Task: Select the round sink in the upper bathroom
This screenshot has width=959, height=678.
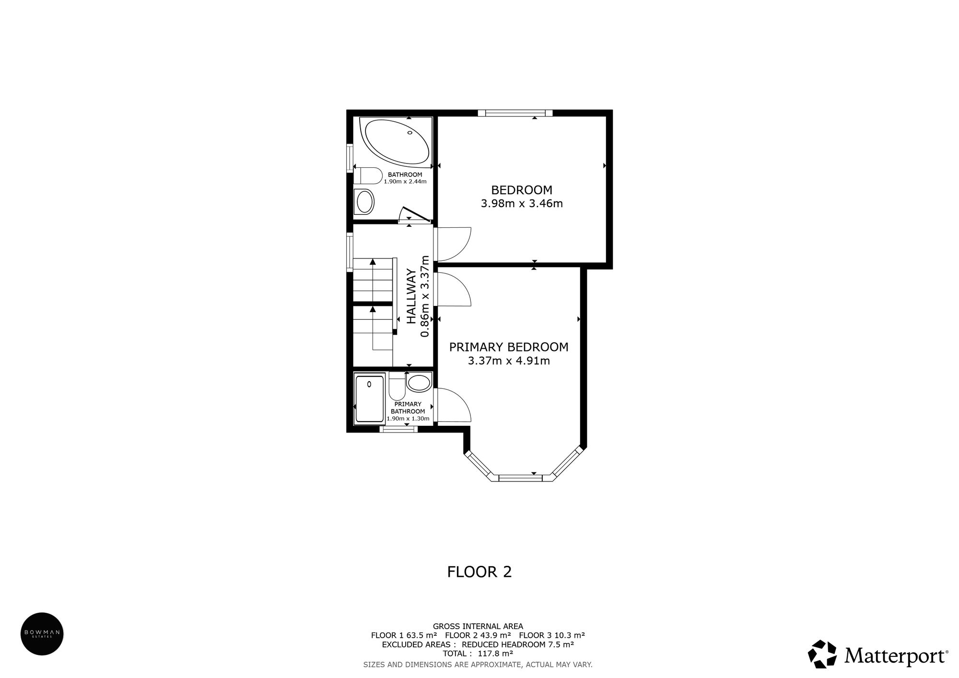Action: pos(365,201)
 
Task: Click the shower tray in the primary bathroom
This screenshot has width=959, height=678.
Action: pos(370,398)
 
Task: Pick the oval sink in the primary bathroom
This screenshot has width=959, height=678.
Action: pos(419,383)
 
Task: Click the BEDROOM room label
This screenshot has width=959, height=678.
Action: pos(522,190)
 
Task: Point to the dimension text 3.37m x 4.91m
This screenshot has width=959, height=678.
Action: pos(508,361)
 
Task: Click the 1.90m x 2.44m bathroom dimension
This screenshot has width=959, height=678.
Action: pos(405,182)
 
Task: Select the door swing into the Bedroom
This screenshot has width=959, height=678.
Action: pos(453,244)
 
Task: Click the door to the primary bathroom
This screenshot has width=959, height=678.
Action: pos(453,405)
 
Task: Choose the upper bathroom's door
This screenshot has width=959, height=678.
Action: pos(415,215)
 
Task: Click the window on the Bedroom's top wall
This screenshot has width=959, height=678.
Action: pos(515,113)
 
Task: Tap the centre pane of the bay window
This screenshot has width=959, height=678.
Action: pos(520,478)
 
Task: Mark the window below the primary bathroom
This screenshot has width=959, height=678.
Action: pos(398,430)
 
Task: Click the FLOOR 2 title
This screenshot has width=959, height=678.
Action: pos(479,572)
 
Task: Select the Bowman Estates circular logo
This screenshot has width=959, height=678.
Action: pos(42,633)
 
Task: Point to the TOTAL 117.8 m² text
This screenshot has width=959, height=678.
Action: pos(478,653)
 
